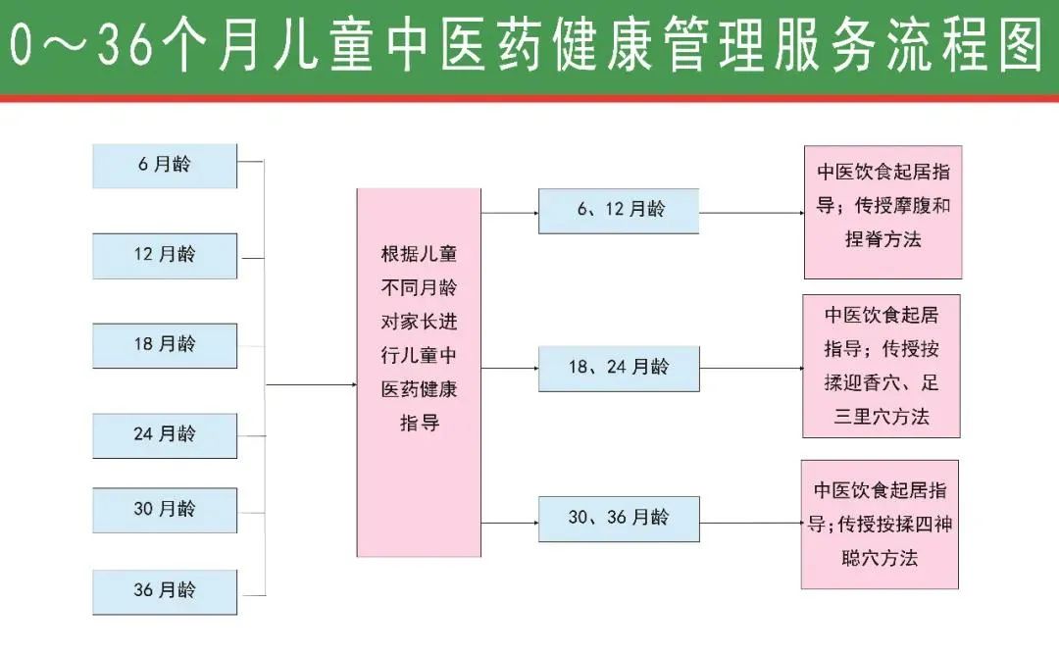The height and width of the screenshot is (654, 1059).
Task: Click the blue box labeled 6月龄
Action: (x=165, y=166)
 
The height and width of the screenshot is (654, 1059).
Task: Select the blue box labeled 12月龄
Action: (x=165, y=255)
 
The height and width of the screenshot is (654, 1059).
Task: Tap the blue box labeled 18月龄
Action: (x=165, y=345)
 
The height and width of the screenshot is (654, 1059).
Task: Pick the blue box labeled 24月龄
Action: (x=165, y=434)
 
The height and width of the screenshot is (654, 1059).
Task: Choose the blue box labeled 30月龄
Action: (x=165, y=510)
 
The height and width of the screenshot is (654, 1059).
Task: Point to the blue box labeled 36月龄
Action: (x=165, y=591)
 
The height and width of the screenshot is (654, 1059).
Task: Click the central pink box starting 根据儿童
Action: (x=419, y=373)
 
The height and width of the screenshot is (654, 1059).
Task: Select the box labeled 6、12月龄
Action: (x=619, y=211)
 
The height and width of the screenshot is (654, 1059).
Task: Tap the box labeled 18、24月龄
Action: (x=619, y=369)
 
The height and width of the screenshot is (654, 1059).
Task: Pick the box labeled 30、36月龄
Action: (x=619, y=519)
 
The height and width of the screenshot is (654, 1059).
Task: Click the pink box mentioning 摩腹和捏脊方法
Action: (x=882, y=212)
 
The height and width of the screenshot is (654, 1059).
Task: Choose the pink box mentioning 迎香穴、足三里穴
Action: (x=882, y=366)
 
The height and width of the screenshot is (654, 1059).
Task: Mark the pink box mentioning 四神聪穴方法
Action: (x=881, y=525)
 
